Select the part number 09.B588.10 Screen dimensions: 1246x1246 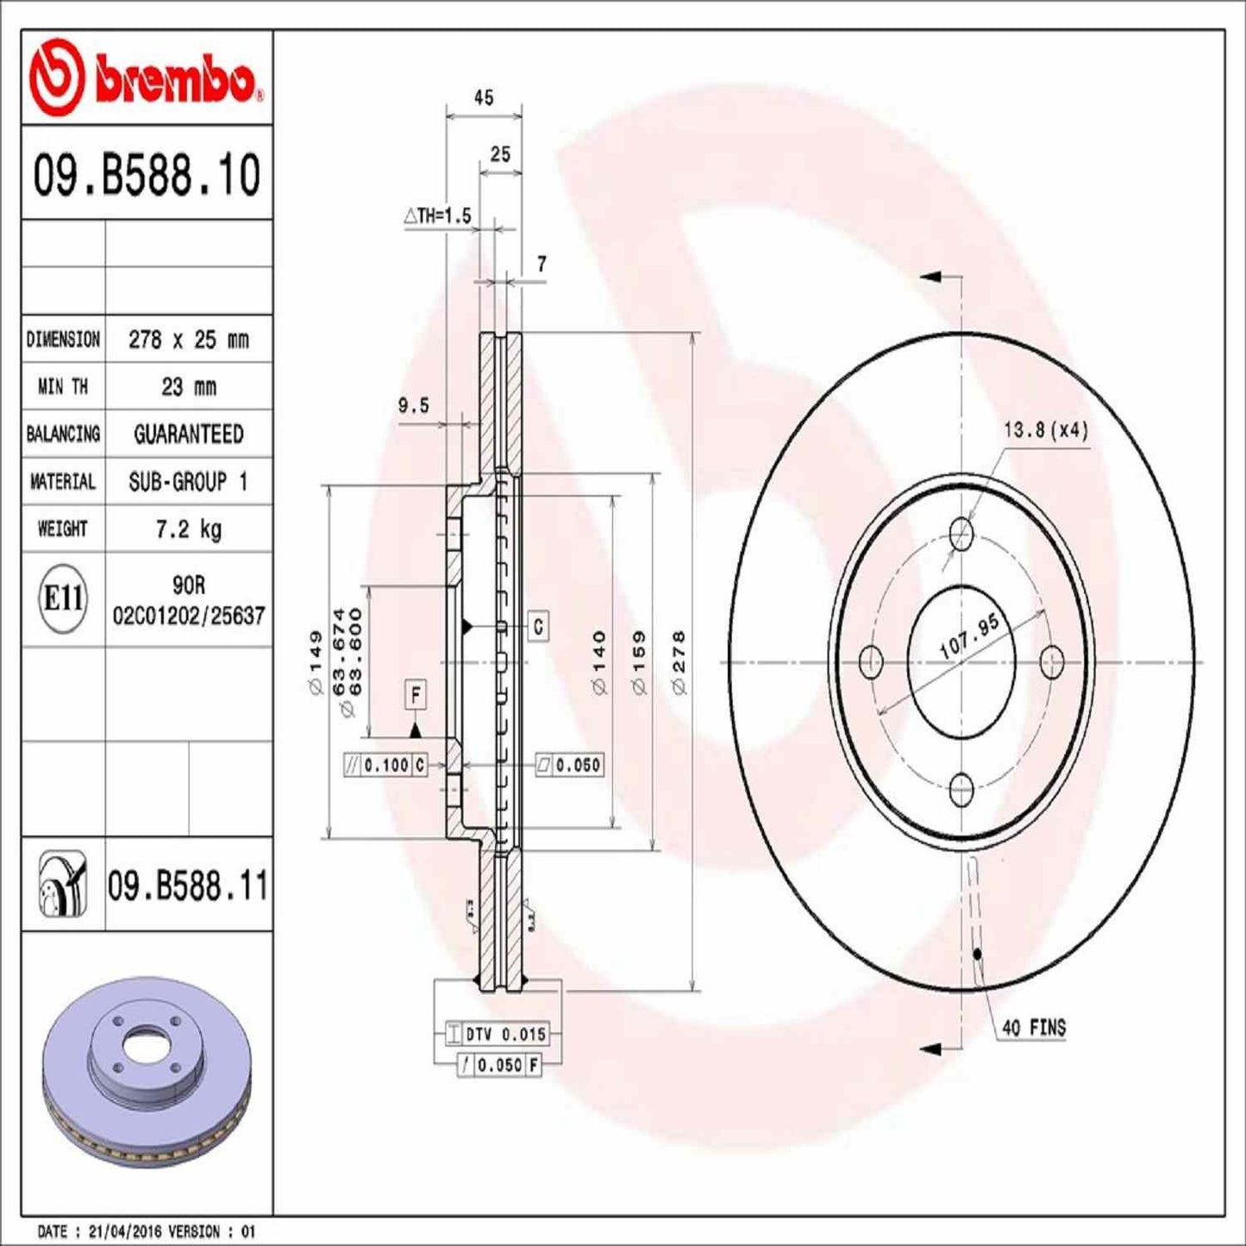[x=146, y=175]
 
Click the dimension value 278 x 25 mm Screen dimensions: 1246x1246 [x=188, y=340]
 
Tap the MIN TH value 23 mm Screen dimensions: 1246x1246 [x=188, y=387]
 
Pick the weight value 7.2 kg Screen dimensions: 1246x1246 [x=188, y=529]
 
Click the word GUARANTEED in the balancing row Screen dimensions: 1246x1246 [x=188, y=435]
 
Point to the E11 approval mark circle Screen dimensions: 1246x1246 [x=63, y=598]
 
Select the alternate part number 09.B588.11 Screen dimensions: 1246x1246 [x=187, y=886]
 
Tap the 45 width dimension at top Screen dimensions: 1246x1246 [x=484, y=97]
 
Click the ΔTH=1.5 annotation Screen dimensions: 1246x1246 [x=438, y=216]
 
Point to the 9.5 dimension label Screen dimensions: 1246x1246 [x=413, y=405]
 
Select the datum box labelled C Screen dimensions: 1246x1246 [x=538, y=626]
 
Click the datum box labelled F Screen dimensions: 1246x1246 [x=416, y=695]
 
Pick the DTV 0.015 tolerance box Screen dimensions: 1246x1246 [x=497, y=1034]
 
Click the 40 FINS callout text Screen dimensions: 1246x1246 [x=1034, y=1028]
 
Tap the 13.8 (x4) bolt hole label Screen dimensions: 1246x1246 [x=1045, y=429]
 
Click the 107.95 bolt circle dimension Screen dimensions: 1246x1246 [x=968, y=636]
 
